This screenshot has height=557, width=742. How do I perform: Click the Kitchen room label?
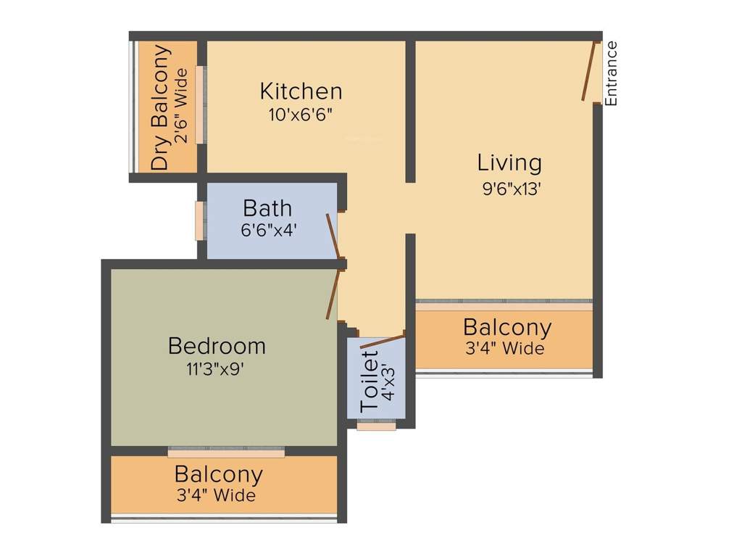(301, 91)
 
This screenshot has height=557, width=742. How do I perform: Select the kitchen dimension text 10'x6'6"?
(301, 115)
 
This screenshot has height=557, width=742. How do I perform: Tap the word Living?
(509, 162)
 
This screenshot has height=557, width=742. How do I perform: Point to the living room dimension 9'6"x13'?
(512, 189)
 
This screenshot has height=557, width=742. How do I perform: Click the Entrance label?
(612, 74)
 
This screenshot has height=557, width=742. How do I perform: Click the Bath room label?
(267, 208)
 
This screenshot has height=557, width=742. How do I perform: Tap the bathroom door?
(333, 236)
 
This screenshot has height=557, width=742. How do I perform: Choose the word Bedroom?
(217, 346)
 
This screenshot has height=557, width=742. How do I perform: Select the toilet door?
(382, 342)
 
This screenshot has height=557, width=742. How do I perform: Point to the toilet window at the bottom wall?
(377, 426)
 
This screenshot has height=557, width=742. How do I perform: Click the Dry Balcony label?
(160, 107)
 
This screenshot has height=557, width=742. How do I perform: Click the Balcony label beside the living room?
(507, 327)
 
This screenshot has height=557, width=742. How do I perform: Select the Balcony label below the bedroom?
(218, 475)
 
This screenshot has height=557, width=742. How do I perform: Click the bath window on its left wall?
(199, 220)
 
